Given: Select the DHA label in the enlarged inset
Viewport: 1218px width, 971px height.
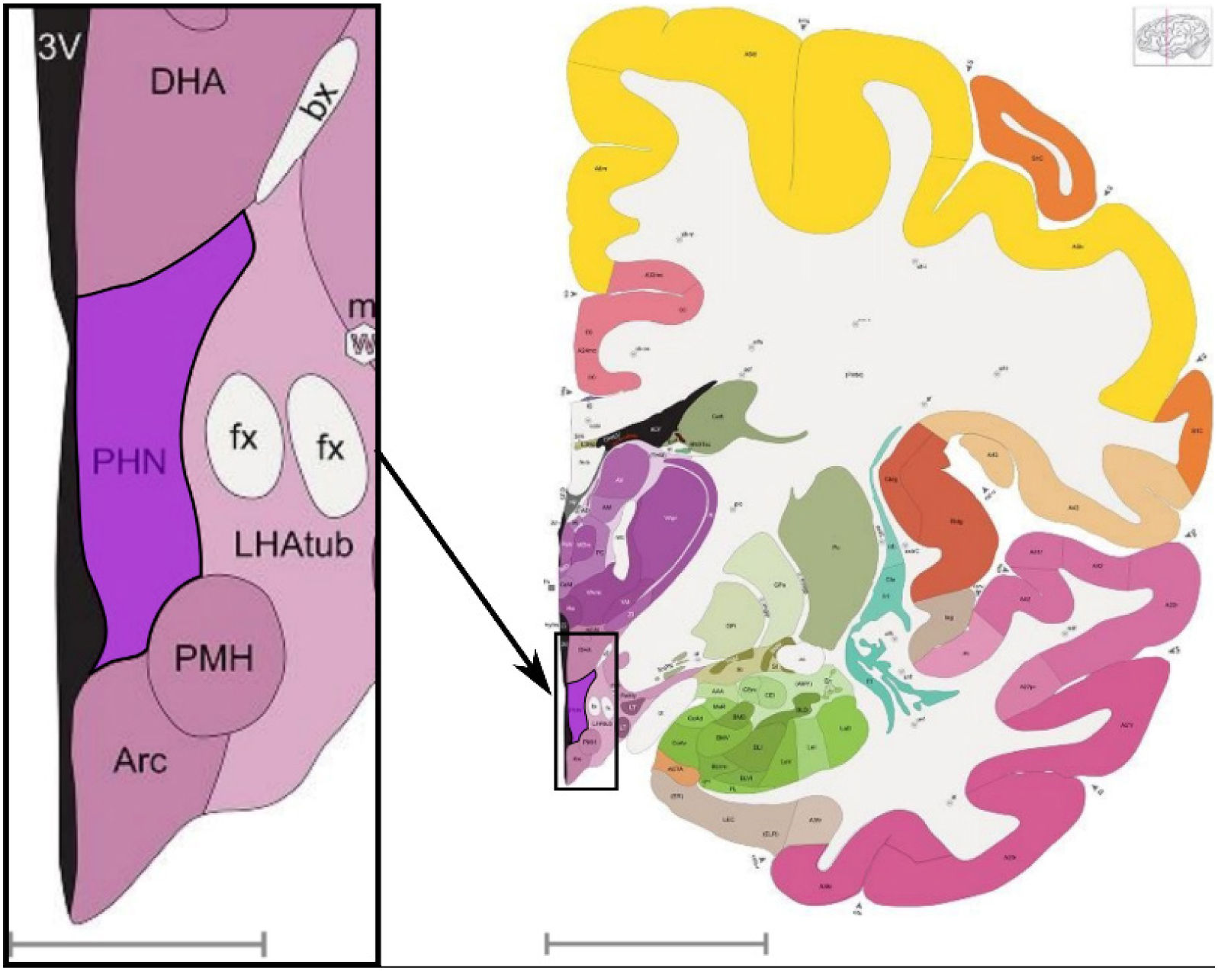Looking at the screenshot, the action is click(188, 81).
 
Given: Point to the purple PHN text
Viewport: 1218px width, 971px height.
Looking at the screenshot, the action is click(129, 461).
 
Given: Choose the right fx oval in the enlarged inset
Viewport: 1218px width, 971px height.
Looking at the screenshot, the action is click(329, 445).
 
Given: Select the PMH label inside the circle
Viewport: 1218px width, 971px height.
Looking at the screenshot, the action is click(214, 658).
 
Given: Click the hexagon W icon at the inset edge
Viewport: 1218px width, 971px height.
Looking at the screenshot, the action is click(361, 345).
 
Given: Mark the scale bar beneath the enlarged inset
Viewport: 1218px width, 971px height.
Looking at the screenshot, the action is click(137, 944).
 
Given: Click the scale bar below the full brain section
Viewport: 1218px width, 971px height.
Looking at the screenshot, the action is click(656, 944).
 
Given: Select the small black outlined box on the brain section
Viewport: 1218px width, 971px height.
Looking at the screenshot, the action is click(585, 710).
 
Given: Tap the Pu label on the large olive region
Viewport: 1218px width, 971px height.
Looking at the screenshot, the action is click(833, 547).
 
